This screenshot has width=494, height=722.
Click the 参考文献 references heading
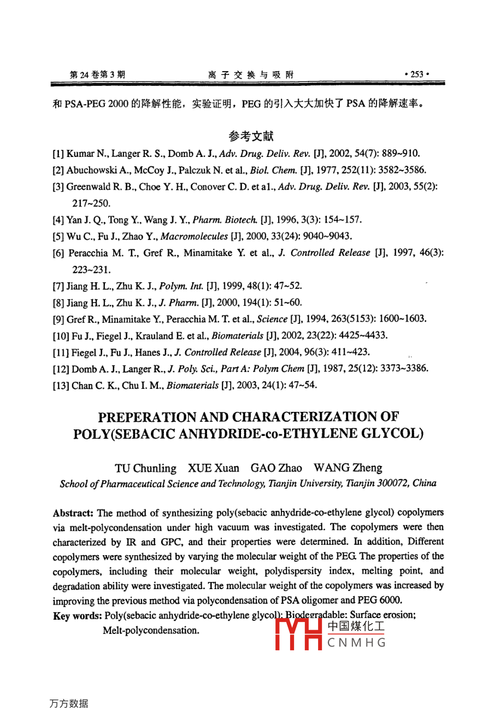[251, 136]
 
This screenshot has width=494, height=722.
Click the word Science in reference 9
[272, 319]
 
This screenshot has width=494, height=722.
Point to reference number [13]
[61, 385]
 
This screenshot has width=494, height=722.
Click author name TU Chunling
[145, 468]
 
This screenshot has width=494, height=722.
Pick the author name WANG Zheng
[348, 468]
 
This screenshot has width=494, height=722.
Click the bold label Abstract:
[73, 513]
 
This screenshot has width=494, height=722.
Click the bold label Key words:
[77, 616]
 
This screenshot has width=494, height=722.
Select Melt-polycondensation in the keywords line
[151, 631]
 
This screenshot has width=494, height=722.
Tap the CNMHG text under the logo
[357, 643]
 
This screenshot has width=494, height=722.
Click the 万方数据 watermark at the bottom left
[68, 703]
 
